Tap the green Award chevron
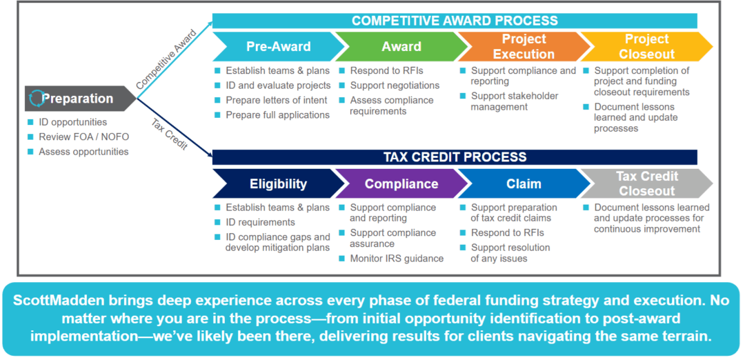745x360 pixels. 400,47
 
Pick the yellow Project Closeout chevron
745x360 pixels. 646,47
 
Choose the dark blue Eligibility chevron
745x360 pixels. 277,184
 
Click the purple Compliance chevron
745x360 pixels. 400,184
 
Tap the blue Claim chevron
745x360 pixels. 523,184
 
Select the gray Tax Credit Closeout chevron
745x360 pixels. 646,184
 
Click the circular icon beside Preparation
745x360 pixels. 37,99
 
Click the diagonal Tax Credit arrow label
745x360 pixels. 169,134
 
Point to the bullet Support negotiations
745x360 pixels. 395,86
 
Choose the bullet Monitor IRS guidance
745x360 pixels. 397,259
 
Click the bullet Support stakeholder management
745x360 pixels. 514,101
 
